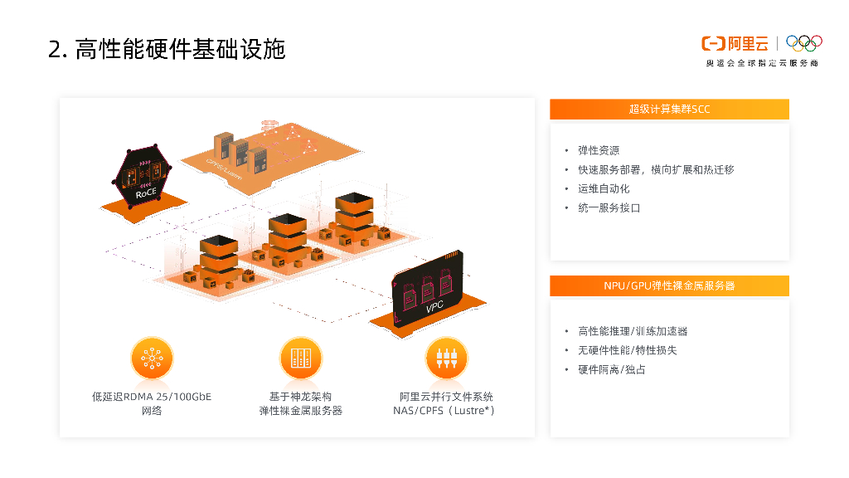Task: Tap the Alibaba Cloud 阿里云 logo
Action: pos(735,43)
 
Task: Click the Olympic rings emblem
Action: pos(803,42)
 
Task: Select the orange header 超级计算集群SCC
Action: pos(669,109)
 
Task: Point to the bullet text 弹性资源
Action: pos(598,150)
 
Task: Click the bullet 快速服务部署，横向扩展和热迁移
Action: pos(655,169)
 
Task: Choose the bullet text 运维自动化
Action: pos(604,188)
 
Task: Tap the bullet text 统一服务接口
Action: pos(609,207)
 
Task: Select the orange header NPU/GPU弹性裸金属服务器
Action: pos(669,285)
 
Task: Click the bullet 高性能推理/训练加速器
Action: pos(632,331)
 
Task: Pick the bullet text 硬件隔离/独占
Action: pos(611,369)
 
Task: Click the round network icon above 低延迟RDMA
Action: pos(151,358)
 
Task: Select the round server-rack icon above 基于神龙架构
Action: pos(300,358)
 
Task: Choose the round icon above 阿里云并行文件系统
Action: pos(446,358)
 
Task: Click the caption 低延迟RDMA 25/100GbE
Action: pos(151,397)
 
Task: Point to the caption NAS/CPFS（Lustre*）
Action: pos(445,411)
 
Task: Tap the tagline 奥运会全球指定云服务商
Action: pos(761,63)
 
